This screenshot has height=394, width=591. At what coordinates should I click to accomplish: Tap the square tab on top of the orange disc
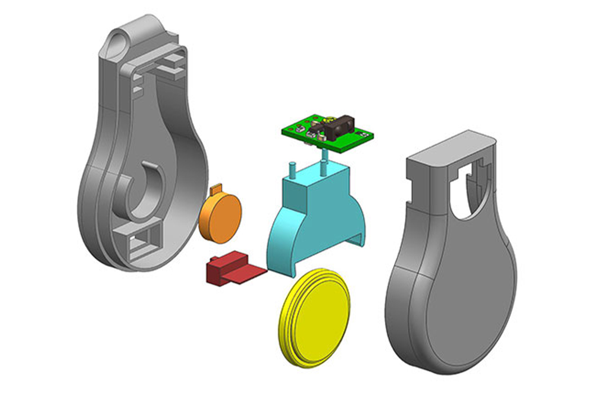click(x=217, y=189)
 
